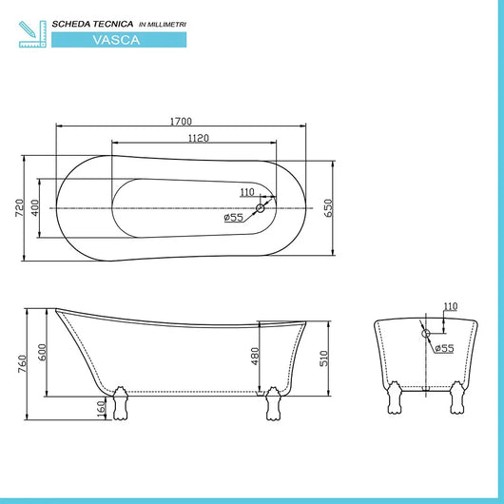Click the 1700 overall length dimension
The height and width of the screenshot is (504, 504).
[183, 121]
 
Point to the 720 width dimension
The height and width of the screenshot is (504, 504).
[19, 208]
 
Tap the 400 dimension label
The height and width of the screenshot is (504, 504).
[35, 208]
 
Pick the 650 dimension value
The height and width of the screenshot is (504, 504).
[330, 208]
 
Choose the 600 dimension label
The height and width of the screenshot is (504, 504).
[41, 351]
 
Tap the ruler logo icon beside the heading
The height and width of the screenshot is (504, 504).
[31, 31]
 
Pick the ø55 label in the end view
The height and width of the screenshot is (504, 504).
[444, 349]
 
